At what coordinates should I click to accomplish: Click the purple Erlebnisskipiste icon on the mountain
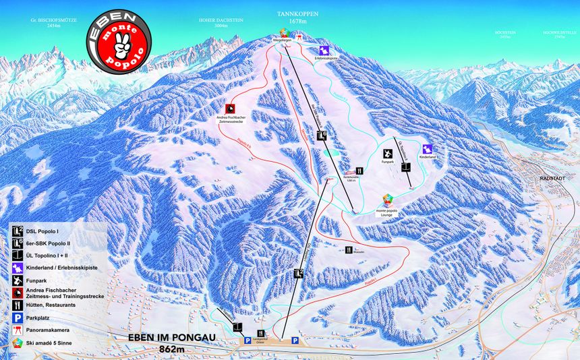pyautogui.click(x=324, y=51)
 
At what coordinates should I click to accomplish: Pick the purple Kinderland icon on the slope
pyautogui.click(x=427, y=149)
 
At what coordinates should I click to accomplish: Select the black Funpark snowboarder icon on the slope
pyautogui.click(x=387, y=153)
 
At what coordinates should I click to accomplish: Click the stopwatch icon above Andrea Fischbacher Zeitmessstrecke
pyautogui.click(x=230, y=109)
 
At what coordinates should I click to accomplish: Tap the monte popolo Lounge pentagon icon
pyautogui.click(x=388, y=200)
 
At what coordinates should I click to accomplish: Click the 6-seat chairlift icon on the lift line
pyautogui.click(x=322, y=136)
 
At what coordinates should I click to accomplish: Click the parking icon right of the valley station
pyautogui.click(x=295, y=341)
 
